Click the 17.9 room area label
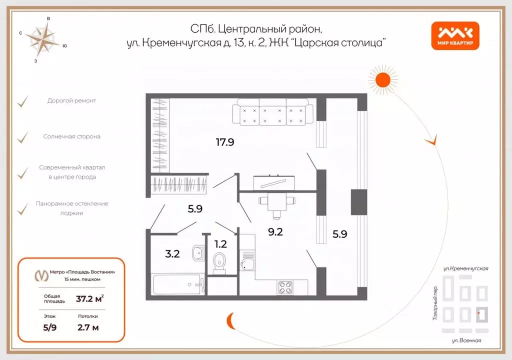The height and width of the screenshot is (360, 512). tap(225, 142)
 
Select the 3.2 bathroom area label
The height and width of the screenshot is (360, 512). tap(172, 253)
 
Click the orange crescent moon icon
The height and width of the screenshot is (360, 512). tap(231, 318)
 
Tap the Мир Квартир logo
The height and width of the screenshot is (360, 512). tap(455, 36)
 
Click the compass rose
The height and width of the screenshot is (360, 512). tap(43, 39)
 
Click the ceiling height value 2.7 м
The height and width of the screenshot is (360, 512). tap(88, 328)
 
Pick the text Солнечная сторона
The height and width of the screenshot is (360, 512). tap(71, 136)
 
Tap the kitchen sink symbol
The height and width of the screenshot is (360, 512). tap(247, 264)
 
